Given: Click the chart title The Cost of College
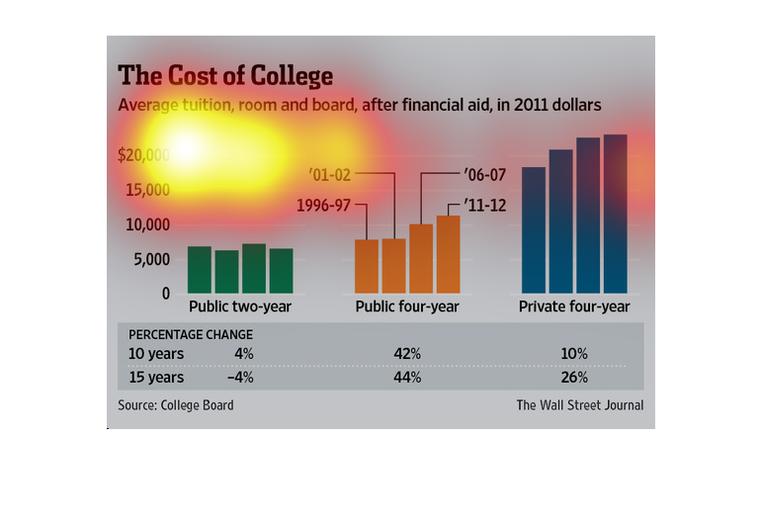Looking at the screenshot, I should tap(225, 76).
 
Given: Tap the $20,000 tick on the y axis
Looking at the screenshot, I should tap(143, 155).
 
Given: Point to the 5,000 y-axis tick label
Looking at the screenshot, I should tap(151, 260).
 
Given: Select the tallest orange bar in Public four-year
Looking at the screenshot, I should tap(448, 254).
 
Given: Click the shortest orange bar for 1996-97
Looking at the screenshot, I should tap(367, 266).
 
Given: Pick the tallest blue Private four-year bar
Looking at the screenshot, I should tap(616, 214).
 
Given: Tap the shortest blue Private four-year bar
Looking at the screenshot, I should tap(534, 229).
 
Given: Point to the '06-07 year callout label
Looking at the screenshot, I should tap(485, 175).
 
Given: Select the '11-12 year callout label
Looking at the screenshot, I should tap(484, 207).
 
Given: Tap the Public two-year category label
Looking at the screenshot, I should tap(240, 307).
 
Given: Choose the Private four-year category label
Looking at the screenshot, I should tap(574, 307).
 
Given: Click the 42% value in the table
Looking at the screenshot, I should tap(407, 354).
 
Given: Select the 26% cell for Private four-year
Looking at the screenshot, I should tap(574, 378).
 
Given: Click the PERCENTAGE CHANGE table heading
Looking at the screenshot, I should tap(191, 334).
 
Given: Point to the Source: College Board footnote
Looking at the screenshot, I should tap(176, 405).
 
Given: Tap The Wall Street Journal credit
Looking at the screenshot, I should tap(579, 405).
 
